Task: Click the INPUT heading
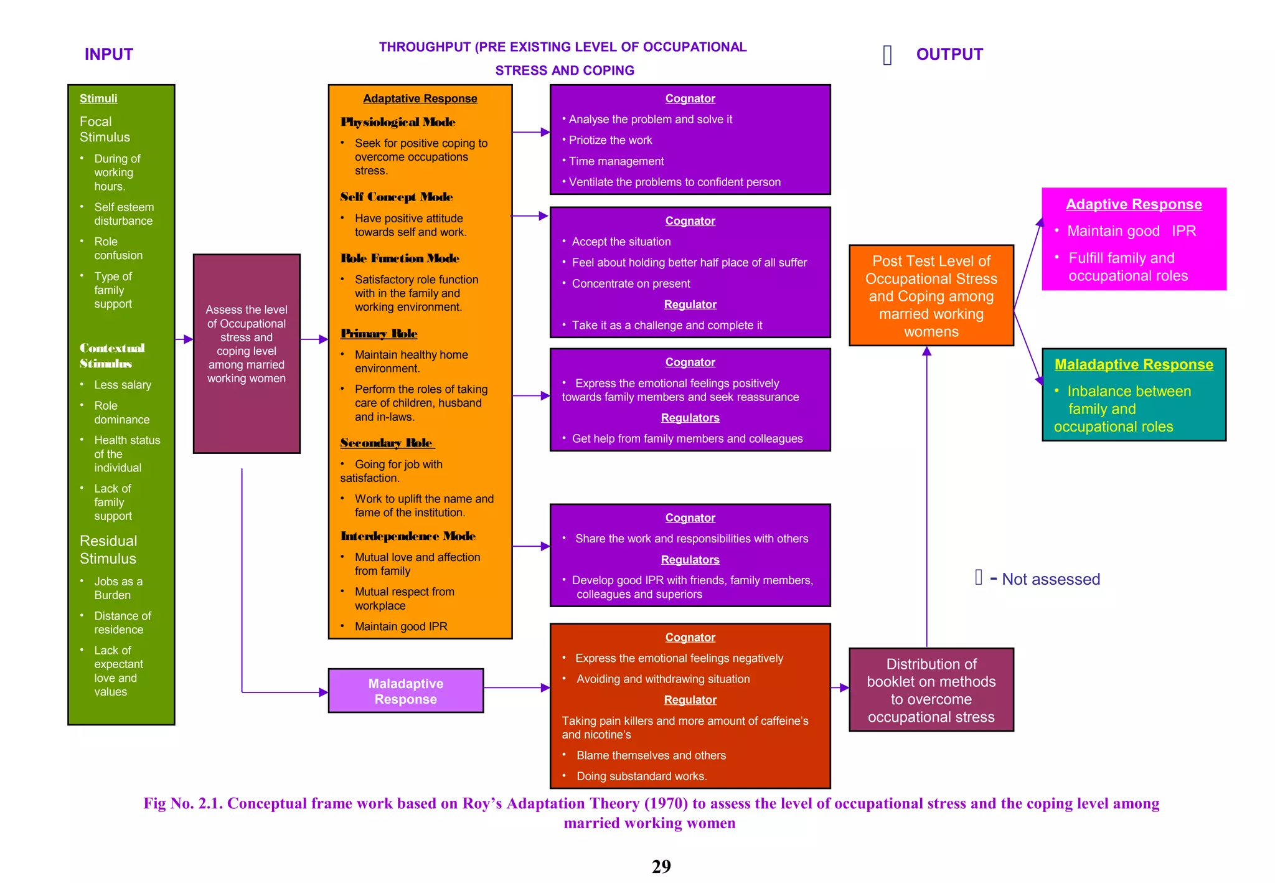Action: [x=109, y=54]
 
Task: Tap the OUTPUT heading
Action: [x=949, y=54]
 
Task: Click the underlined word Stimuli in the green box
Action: [x=98, y=98]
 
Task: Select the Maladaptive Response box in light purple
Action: [x=405, y=691]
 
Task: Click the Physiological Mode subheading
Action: [x=398, y=122]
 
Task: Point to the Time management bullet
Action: [x=616, y=161]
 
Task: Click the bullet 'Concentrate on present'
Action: [x=631, y=283]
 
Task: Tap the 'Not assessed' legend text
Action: [x=1050, y=579]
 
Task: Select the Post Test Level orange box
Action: [x=931, y=296]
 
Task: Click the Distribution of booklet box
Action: [x=931, y=690]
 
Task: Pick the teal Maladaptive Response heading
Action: [x=1133, y=364]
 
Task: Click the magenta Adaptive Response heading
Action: [x=1133, y=204]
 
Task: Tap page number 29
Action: [x=661, y=866]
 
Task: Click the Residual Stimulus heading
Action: [x=108, y=549]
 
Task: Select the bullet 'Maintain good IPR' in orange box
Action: [x=400, y=626]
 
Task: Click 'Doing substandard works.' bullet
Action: [x=641, y=776]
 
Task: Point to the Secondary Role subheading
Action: [x=387, y=443]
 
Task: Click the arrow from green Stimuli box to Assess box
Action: [x=184, y=339]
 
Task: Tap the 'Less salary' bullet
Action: [x=123, y=385]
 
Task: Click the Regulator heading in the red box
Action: [x=690, y=700]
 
